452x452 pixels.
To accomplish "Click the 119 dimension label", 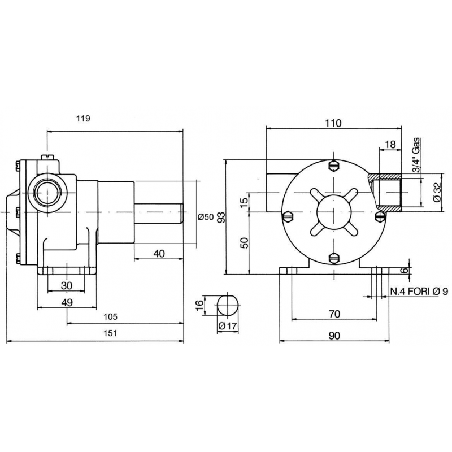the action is (x=83, y=119).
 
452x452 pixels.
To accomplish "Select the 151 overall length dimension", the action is (x=110, y=333).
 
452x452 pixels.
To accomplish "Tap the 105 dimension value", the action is (x=111, y=317).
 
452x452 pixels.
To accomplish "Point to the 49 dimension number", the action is (x=67, y=302).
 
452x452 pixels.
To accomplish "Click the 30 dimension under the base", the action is (x=67, y=286).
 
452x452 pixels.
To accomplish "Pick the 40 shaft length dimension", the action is (x=159, y=254).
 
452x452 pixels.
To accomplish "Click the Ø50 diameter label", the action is (x=206, y=217).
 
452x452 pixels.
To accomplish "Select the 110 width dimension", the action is (x=333, y=123).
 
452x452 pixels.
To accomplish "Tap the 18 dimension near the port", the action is (x=390, y=145).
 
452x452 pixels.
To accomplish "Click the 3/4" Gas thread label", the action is (x=417, y=155).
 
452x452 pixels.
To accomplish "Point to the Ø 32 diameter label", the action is (x=437, y=192).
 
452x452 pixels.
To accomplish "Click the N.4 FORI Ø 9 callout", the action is (x=419, y=292).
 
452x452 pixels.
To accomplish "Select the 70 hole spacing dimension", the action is (x=334, y=314).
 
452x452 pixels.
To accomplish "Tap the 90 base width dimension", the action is (x=334, y=336).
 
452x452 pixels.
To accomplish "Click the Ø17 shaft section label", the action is (x=228, y=326).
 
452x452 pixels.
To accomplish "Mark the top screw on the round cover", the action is (x=334, y=166).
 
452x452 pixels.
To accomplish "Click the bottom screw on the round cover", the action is (x=334, y=258).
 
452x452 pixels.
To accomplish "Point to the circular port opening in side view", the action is (x=47, y=192).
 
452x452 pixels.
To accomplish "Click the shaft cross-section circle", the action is (x=228, y=305).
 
